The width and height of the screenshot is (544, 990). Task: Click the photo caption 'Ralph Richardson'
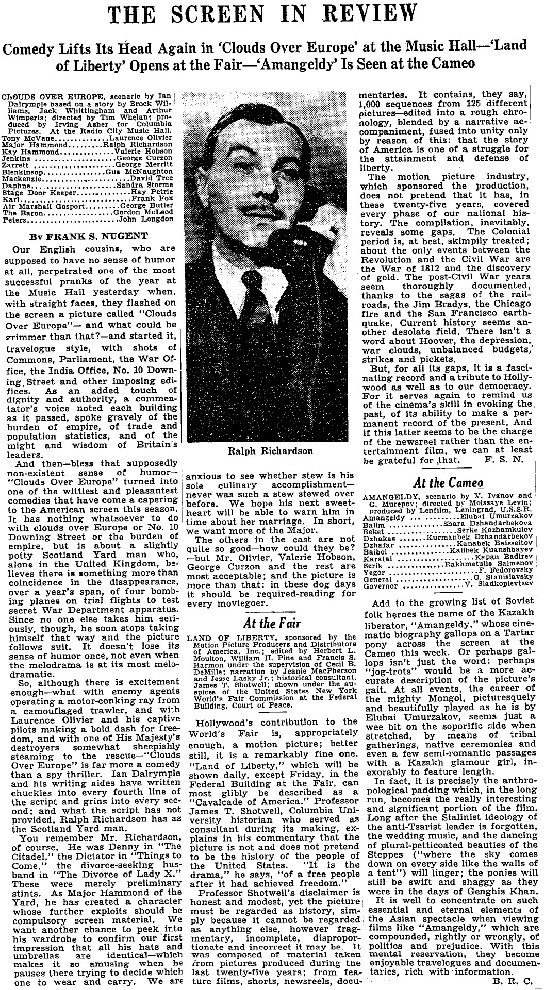[x=270, y=451]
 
